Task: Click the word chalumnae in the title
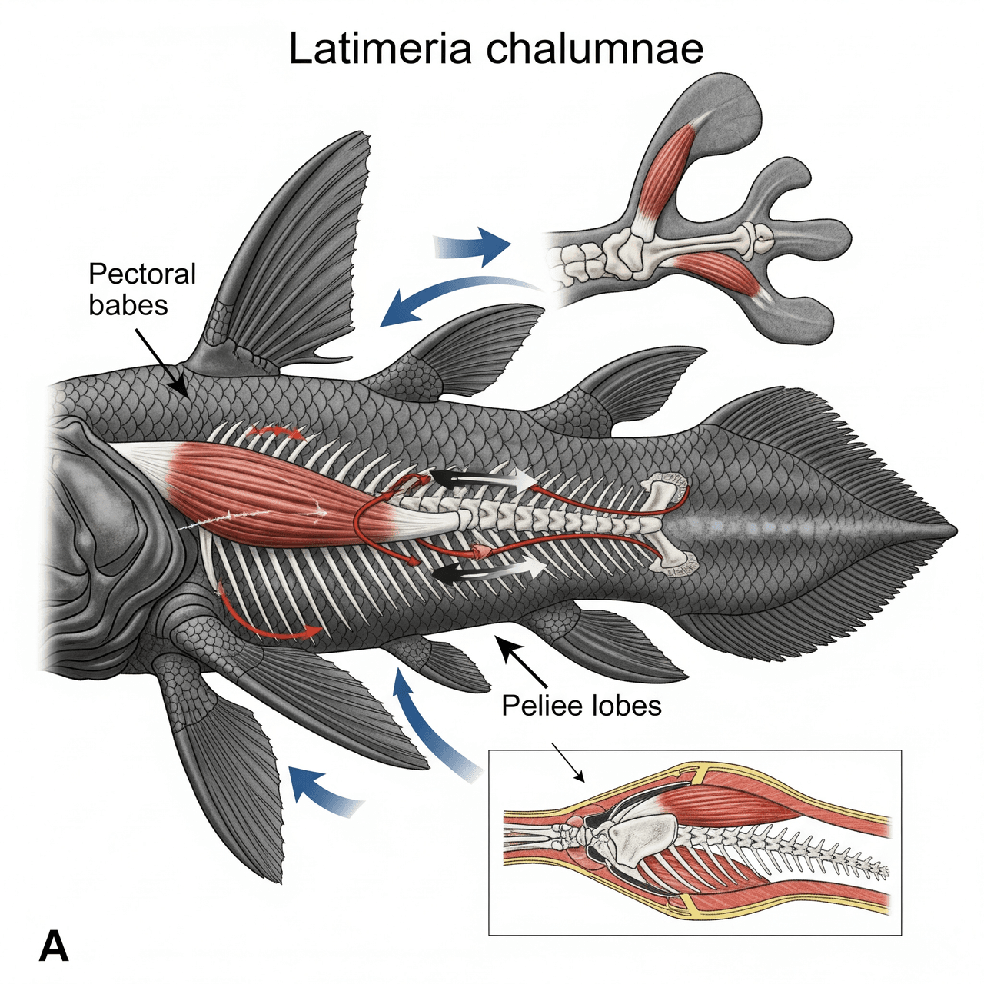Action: pyautogui.click(x=596, y=48)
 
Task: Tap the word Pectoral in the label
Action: pyautogui.click(x=142, y=274)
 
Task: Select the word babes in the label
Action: pyautogui.click(x=128, y=305)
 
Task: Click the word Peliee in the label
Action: pyautogui.click(x=539, y=705)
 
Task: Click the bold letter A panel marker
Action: pyautogui.click(x=54, y=946)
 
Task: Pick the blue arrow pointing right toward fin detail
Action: pyautogui.click(x=473, y=246)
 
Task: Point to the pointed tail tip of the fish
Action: pyautogui.click(x=953, y=530)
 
